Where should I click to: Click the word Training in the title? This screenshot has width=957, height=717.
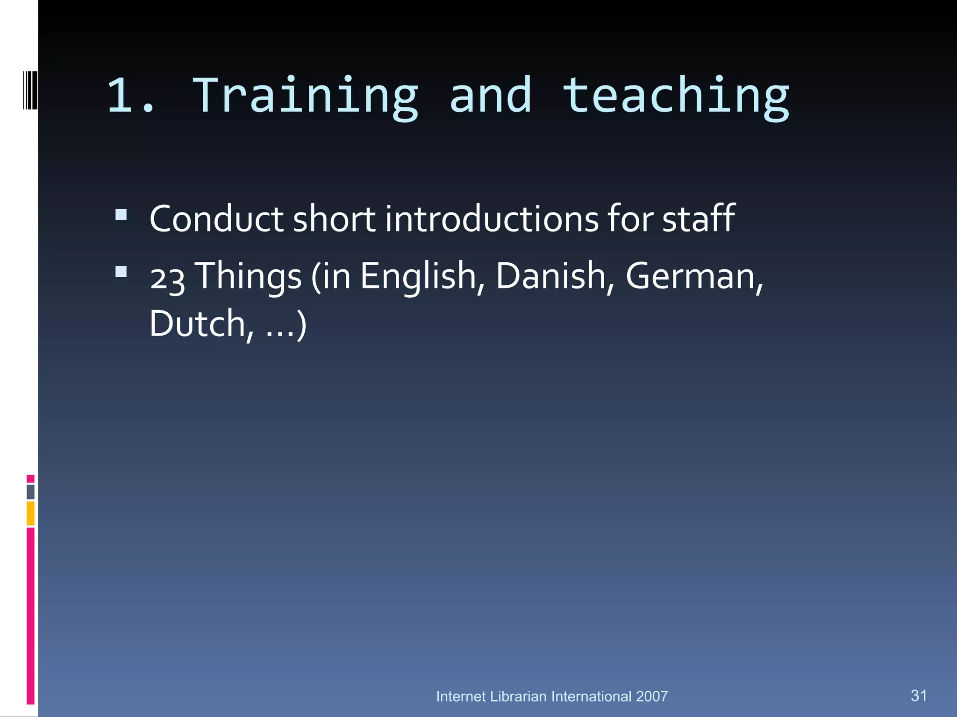(x=305, y=96)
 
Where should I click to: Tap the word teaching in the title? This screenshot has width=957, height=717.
(x=676, y=96)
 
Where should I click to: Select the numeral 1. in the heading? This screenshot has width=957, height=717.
(x=131, y=96)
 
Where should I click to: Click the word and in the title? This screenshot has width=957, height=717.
(x=491, y=96)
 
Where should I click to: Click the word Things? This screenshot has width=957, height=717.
(x=248, y=276)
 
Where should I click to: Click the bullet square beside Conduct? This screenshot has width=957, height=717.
(x=121, y=214)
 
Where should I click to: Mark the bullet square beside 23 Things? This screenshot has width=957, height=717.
(x=121, y=272)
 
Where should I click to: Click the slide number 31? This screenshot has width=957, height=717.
(x=919, y=696)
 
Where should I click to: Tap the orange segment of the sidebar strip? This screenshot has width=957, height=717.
(x=30, y=513)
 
